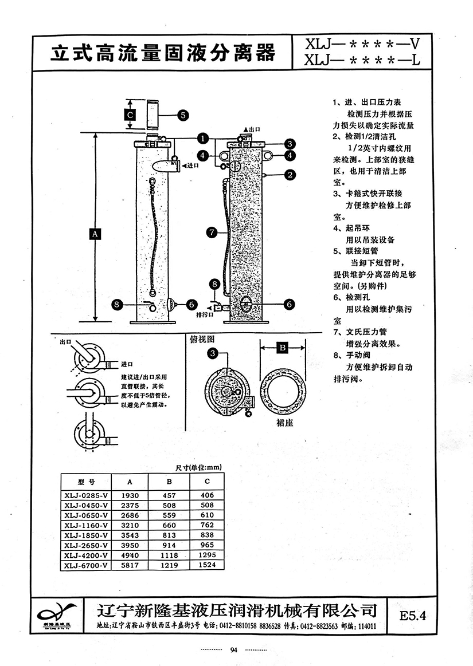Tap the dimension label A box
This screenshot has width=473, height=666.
point(95,233)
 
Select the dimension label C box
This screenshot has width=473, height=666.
point(130,115)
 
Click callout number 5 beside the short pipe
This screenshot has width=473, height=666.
point(182,115)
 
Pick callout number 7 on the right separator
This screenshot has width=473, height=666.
point(212,232)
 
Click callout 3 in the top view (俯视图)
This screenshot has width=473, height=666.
point(213,354)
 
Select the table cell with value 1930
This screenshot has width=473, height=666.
point(128,494)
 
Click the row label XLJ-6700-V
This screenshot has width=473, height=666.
point(86,566)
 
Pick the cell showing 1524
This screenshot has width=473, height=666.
point(207,566)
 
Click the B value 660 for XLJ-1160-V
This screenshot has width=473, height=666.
point(169,525)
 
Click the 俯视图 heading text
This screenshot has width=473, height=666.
point(202,338)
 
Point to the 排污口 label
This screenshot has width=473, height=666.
point(205,314)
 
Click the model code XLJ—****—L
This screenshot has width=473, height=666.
point(361,60)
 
